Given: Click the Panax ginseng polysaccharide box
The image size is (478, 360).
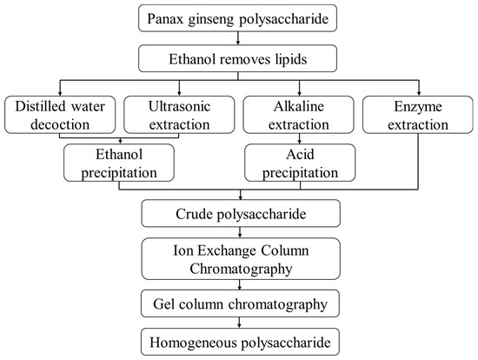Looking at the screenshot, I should (x=238, y=17).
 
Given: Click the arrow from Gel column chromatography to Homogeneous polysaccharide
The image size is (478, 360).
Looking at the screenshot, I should (x=238, y=323).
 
